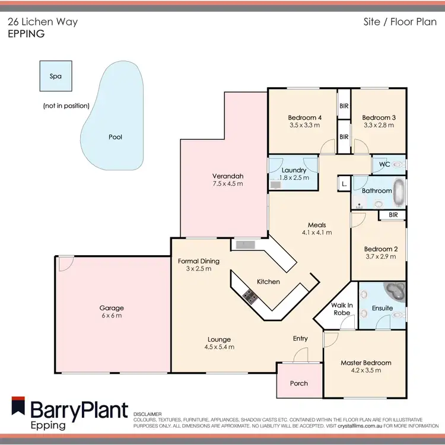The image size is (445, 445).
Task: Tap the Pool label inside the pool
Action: pos(115,137)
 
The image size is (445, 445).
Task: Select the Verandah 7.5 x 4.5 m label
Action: pos(228,180)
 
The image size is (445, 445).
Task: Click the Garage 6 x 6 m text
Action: pos(112,311)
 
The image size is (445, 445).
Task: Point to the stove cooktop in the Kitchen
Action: pos(249,296)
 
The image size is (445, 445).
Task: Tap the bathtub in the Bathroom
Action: pos(401,190)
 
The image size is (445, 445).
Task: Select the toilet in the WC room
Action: pos(398,164)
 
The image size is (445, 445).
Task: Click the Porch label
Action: pos(299,383)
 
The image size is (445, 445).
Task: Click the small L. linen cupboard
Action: pos(344,185)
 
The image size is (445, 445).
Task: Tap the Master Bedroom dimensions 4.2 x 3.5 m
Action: pos(365,370)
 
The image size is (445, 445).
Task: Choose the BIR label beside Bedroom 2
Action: pos(392,214)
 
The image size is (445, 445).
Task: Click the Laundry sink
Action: pos(275,185)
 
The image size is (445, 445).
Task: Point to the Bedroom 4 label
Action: pos(304,117)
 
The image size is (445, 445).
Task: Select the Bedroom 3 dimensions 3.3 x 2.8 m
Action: pos(379,125)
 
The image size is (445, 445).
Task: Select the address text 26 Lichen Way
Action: pos(42,22)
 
